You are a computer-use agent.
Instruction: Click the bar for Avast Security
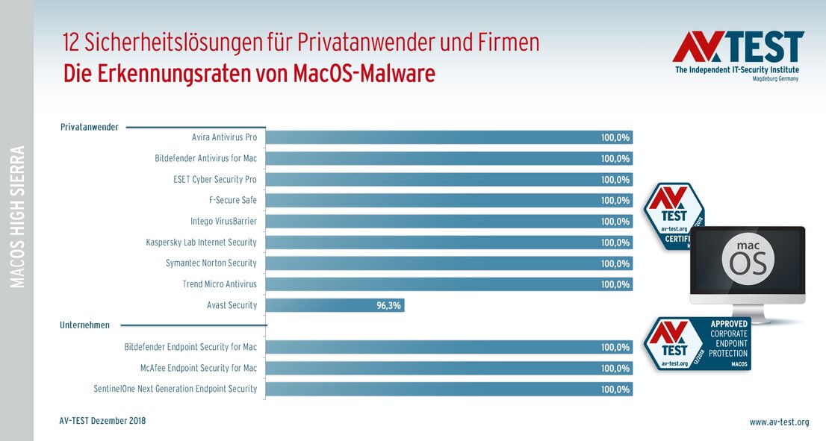335,305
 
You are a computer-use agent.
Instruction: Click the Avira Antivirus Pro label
224,137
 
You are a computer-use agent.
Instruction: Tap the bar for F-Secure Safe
448,200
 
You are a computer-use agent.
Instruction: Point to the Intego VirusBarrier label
223,222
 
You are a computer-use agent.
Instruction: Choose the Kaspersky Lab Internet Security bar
448,243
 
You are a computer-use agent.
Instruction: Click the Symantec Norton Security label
211,263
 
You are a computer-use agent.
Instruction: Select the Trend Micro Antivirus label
220,284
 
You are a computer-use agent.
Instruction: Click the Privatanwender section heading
89,127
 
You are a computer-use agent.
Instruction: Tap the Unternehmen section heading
84,325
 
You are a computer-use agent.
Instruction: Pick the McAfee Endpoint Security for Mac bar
448,368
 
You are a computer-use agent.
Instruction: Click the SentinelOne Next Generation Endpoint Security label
175,389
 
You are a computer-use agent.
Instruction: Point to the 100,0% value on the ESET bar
615,180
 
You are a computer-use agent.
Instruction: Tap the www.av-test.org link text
779,422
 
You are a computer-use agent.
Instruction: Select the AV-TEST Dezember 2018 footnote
102,421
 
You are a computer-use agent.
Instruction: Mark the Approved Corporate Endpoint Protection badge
698,344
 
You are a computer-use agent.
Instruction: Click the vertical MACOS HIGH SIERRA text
17,216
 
